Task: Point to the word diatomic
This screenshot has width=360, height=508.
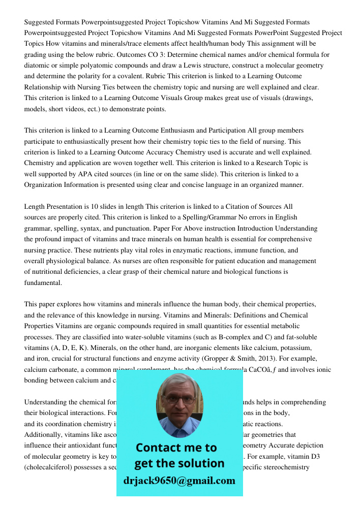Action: click(38, 66)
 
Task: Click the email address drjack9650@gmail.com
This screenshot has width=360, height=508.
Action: click(179, 480)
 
